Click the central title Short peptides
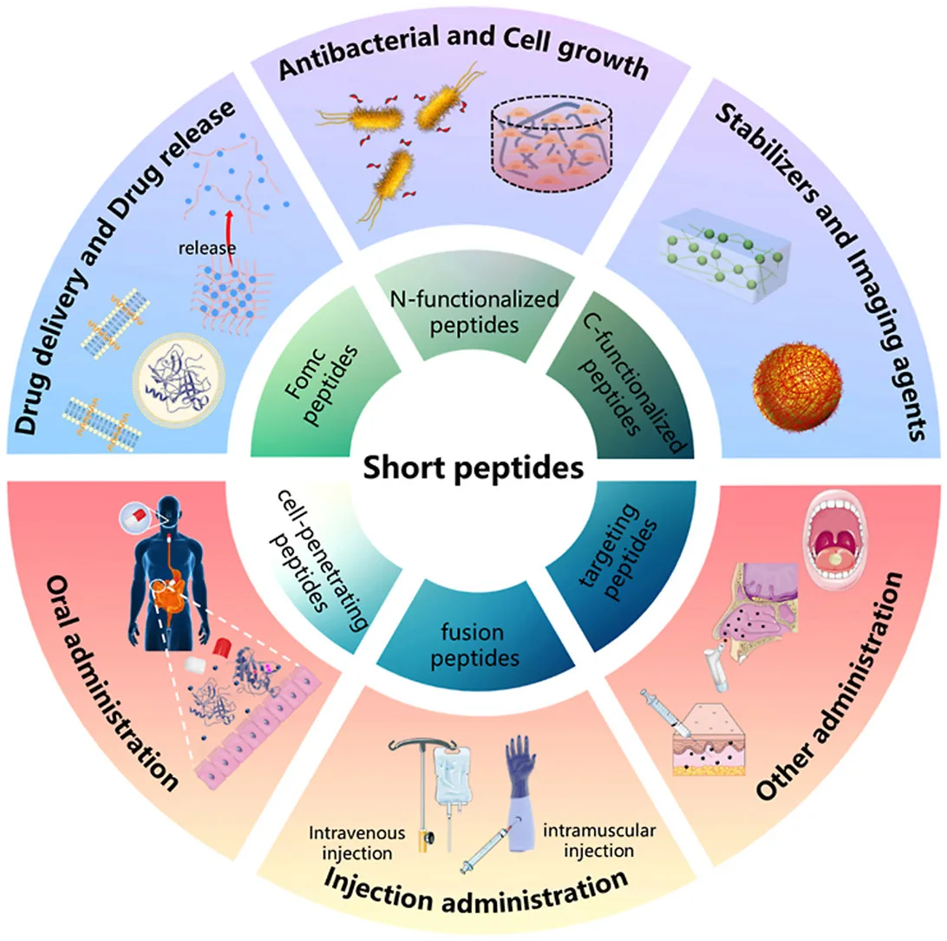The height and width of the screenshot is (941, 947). pos(472,469)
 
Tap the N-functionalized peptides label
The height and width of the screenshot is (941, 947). pos(472,311)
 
